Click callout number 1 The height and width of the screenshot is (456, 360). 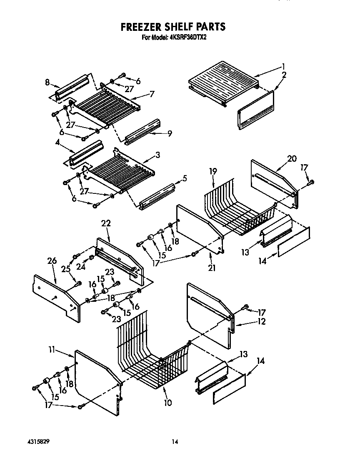coord(283,66)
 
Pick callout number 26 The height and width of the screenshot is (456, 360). coord(52,261)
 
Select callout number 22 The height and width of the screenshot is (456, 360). coord(106,223)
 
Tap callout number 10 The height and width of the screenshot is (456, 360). coord(167,403)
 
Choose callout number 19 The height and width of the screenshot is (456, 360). coord(213,171)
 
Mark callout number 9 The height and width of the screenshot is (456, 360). coord(170,133)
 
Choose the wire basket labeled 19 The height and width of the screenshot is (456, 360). coord(237,208)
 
